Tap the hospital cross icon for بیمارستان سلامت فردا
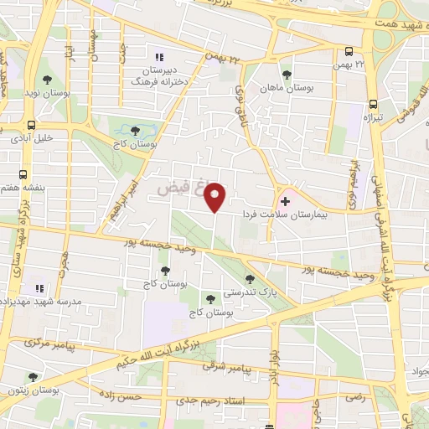pyautogui.click(x=286, y=201)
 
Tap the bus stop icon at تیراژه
pyautogui.click(x=372, y=105)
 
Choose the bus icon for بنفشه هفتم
pyautogui.click(x=22, y=176)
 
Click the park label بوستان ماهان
pyautogui.click(x=284, y=87)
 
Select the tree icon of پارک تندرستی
pyautogui.click(x=249, y=279)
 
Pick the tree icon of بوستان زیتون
pyautogui.click(x=33, y=377)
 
